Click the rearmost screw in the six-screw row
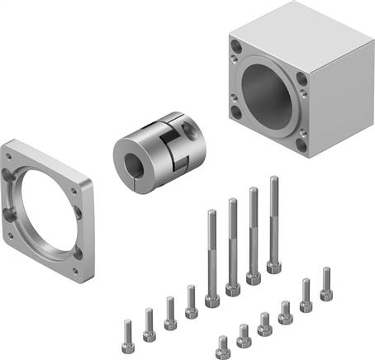point(325,272)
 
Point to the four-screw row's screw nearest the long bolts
point(192,291)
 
